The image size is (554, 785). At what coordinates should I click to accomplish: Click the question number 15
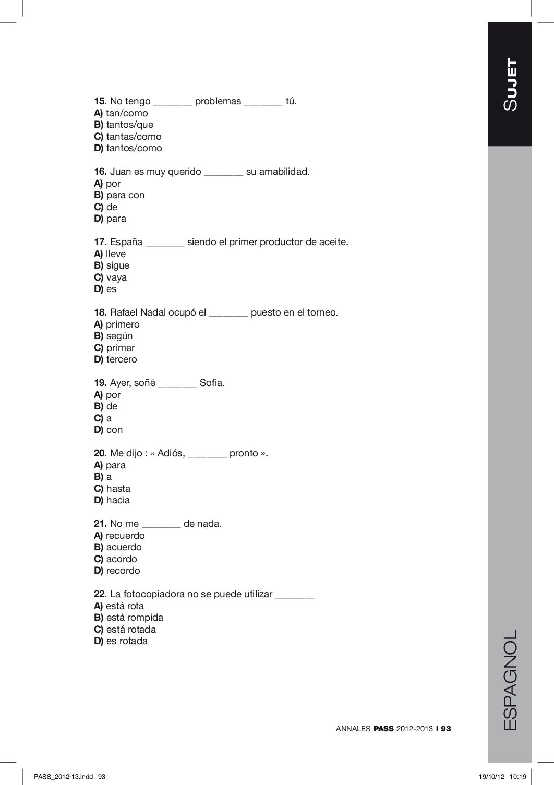pyautogui.click(x=100, y=101)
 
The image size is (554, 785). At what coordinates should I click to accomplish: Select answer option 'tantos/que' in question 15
pyautogui.click(x=129, y=125)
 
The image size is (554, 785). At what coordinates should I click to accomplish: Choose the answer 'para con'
pyautogui.click(x=125, y=195)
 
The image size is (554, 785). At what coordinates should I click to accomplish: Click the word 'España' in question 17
pyautogui.click(x=126, y=242)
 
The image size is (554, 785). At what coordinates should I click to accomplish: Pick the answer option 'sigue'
pyautogui.click(x=117, y=265)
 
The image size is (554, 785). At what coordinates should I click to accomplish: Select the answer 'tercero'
pyautogui.click(x=121, y=359)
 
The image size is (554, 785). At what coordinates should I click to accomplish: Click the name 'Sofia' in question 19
pyautogui.click(x=212, y=383)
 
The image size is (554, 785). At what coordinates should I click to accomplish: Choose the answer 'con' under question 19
pyautogui.click(x=114, y=430)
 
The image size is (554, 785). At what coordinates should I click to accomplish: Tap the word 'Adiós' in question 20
pyautogui.click(x=171, y=453)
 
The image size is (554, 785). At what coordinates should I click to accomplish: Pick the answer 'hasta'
pyautogui.click(x=118, y=489)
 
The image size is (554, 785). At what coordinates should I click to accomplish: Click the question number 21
pyautogui.click(x=100, y=524)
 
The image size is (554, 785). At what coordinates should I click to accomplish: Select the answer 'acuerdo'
pyautogui.click(x=124, y=547)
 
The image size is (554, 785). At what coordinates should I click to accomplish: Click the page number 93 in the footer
pyautogui.click(x=445, y=729)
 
